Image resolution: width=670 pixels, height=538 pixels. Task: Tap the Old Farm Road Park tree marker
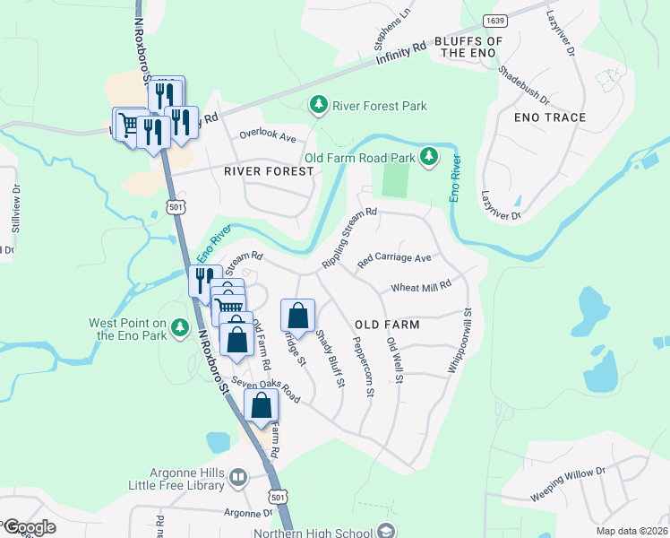point(429,158)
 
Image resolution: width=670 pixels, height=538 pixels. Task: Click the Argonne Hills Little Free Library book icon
point(238,478)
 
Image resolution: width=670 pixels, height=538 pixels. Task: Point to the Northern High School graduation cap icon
point(385,531)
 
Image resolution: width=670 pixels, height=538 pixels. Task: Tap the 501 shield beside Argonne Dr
point(278,496)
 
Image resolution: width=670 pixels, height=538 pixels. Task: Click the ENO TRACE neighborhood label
point(550,117)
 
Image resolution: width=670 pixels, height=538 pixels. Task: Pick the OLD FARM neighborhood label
point(387,325)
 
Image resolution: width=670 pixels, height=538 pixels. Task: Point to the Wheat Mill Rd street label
point(420,287)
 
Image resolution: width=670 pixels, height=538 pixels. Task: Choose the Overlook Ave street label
point(266,137)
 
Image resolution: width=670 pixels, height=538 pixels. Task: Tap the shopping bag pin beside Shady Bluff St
point(298,316)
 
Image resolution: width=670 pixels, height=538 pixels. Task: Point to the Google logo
point(29,527)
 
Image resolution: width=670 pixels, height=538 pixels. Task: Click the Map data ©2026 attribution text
point(631,531)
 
